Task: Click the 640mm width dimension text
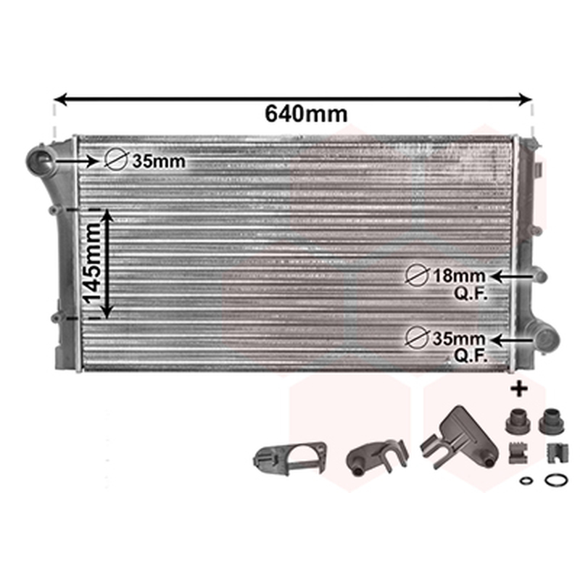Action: [306, 114]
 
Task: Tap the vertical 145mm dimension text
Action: [91, 264]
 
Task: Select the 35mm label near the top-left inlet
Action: [159, 161]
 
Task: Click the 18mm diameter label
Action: [459, 276]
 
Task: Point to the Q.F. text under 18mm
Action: [471, 294]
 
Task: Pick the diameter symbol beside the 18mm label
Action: [417, 276]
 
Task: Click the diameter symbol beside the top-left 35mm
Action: [116, 160]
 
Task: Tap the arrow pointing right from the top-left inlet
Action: [77, 161]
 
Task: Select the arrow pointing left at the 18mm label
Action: [512, 276]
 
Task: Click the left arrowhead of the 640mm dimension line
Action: [60, 99]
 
